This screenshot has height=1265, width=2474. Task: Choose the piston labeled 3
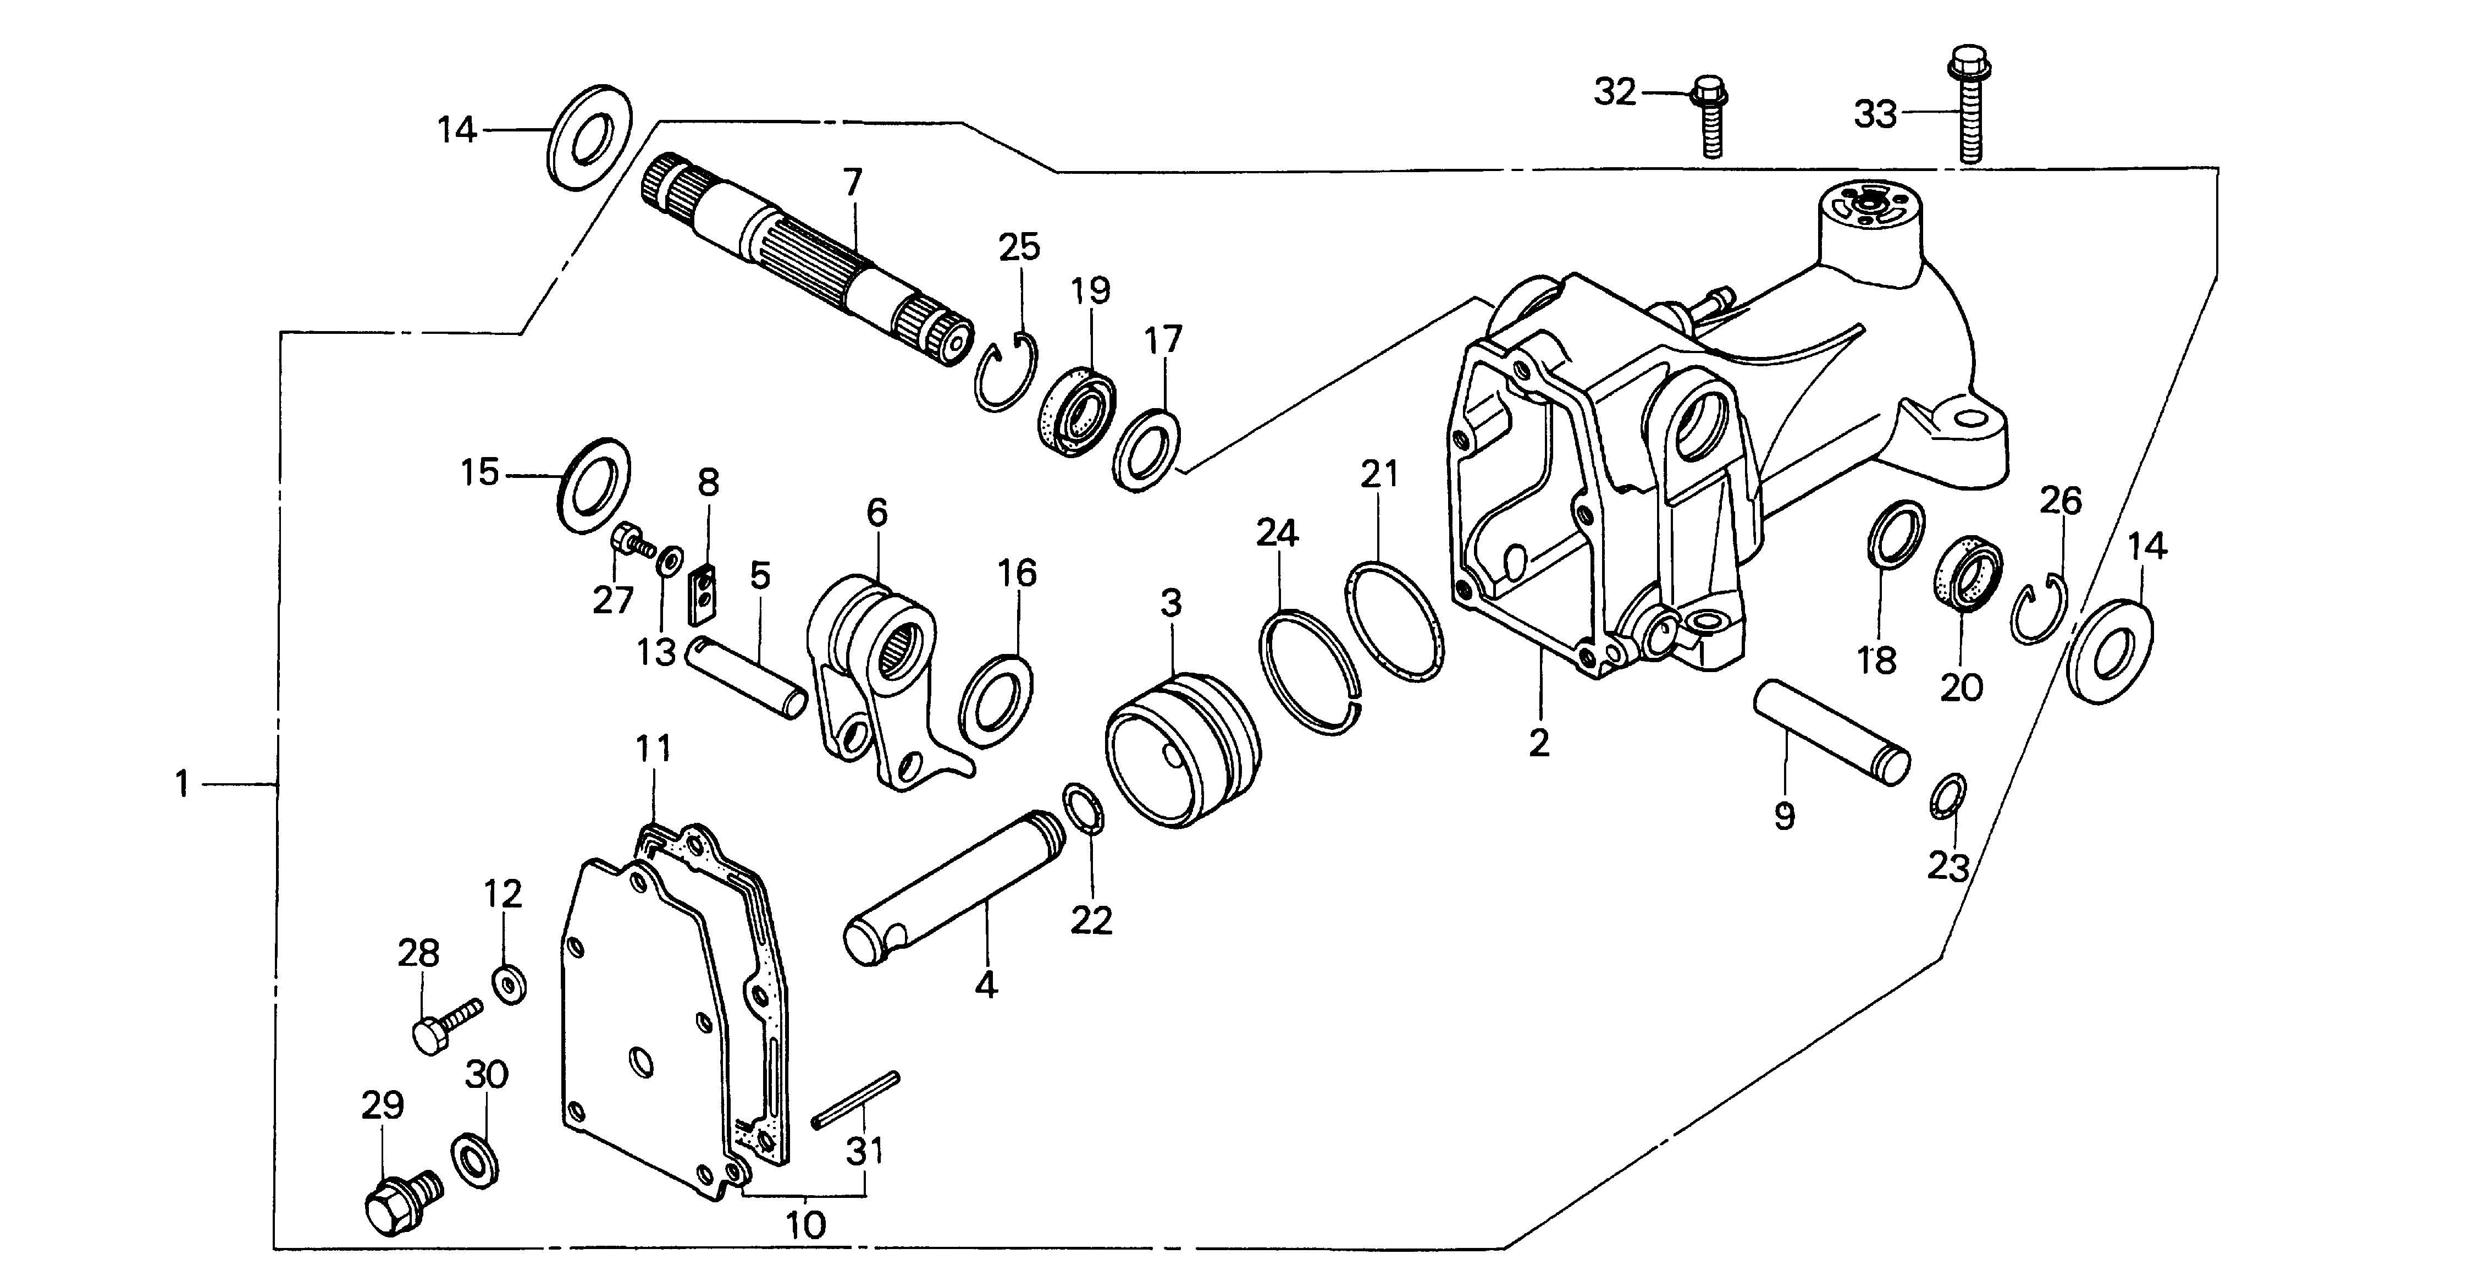coord(1181,748)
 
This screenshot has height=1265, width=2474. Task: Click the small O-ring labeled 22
coord(1083,808)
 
